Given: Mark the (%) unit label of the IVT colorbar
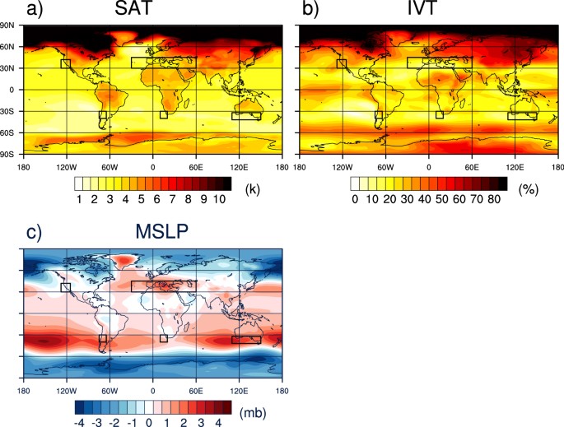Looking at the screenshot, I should pos(531,189).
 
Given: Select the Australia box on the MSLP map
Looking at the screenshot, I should pos(246,339).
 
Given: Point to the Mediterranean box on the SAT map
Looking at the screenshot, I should pos(163,62).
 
